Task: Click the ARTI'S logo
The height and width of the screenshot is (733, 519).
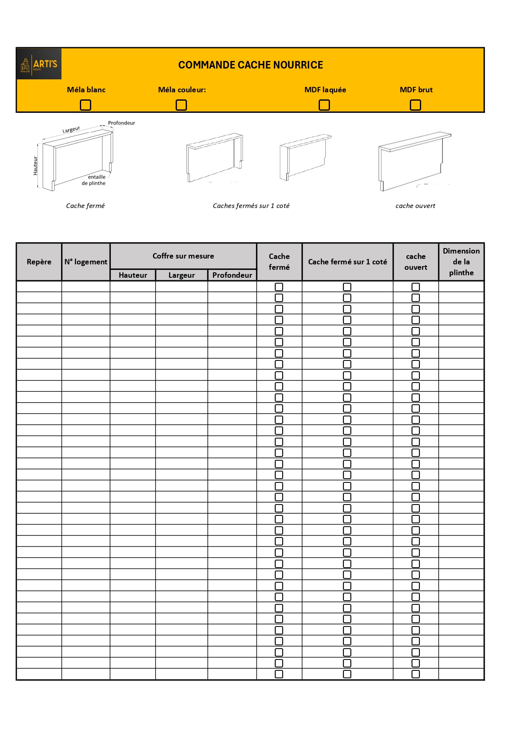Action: point(39,64)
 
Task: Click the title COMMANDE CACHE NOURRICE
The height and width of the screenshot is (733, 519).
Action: point(251,65)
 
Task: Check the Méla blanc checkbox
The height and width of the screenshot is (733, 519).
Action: point(85,105)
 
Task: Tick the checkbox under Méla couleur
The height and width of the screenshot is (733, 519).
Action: point(181,105)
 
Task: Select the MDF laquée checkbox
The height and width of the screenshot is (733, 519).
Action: point(324,105)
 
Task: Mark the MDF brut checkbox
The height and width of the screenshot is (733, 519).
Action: point(415,105)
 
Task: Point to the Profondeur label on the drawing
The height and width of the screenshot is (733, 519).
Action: point(121,123)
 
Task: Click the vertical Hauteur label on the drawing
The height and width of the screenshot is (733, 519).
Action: point(36,166)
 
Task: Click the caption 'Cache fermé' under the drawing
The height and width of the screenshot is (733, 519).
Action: point(85,205)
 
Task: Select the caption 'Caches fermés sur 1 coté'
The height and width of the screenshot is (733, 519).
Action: point(251,205)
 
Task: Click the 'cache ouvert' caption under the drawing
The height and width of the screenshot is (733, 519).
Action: point(415,205)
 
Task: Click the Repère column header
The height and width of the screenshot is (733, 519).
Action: point(39,262)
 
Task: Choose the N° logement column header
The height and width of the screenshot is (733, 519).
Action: point(86,262)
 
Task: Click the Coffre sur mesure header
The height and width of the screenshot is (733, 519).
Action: point(183,256)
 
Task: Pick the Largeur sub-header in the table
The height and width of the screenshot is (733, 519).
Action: point(182,275)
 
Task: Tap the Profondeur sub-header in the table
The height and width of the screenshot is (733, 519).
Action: point(232,275)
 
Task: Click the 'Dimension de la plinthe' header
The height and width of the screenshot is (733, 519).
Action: point(461,262)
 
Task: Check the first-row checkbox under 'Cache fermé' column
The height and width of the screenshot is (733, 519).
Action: point(279,287)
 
